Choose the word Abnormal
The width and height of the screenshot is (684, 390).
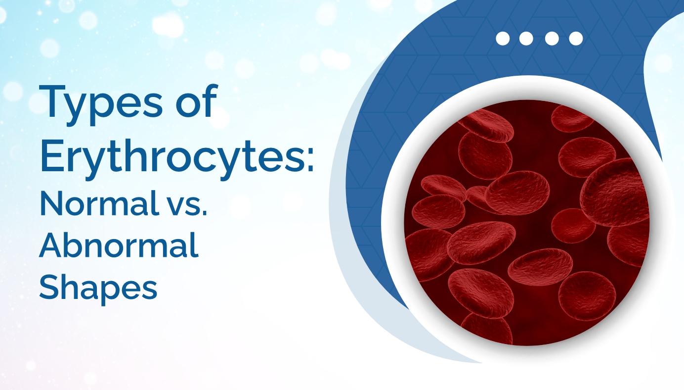[119, 245]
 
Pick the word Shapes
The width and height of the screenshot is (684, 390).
[98, 287]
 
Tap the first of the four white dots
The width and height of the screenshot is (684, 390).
[503, 39]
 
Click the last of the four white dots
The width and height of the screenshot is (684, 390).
[576, 39]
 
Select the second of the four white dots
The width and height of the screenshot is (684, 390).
[527, 39]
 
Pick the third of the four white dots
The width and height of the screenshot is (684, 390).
[552, 39]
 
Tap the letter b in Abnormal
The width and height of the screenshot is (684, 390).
[73, 245]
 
